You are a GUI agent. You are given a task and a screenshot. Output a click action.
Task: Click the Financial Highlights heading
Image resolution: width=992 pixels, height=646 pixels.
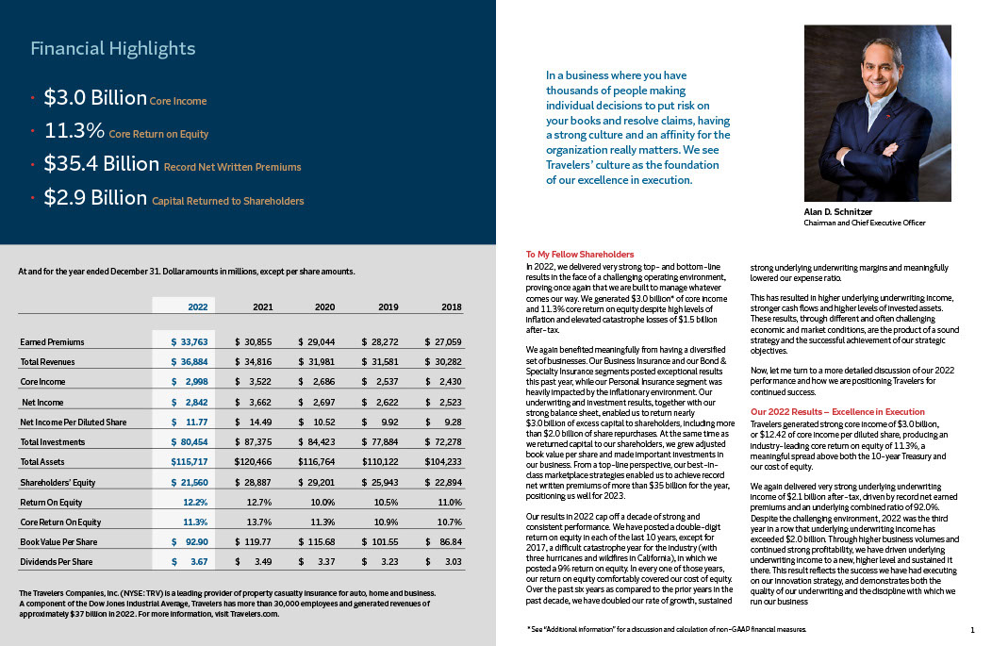[x=112, y=48]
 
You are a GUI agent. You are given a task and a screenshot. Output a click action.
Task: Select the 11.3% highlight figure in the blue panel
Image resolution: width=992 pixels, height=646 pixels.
[x=74, y=131]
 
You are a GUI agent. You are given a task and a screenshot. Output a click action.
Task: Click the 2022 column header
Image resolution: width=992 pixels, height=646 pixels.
[x=197, y=306]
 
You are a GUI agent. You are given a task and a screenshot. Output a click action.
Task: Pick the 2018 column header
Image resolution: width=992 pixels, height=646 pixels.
[x=451, y=306]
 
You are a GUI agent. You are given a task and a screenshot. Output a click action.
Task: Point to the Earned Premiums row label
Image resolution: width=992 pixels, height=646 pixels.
[x=52, y=341]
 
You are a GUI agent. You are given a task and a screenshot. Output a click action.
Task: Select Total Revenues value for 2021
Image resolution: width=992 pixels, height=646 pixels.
[x=254, y=361]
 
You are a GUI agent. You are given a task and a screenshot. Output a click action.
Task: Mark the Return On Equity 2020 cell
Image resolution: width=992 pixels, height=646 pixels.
[x=324, y=502]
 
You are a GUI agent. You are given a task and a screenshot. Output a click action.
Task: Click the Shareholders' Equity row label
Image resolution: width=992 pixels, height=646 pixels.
[x=58, y=482]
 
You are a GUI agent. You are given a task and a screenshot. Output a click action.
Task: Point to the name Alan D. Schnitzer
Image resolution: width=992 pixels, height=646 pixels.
[x=836, y=213]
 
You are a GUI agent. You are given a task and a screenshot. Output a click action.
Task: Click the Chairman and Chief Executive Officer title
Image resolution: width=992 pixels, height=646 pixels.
[x=864, y=224]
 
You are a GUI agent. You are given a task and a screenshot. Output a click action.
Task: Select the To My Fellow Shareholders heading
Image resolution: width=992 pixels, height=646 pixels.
[x=579, y=255]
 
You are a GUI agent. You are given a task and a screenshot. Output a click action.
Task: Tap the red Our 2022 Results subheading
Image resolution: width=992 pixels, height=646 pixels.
[x=837, y=412]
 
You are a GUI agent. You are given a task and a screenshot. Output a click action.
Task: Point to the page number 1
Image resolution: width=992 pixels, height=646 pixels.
[x=971, y=629]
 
